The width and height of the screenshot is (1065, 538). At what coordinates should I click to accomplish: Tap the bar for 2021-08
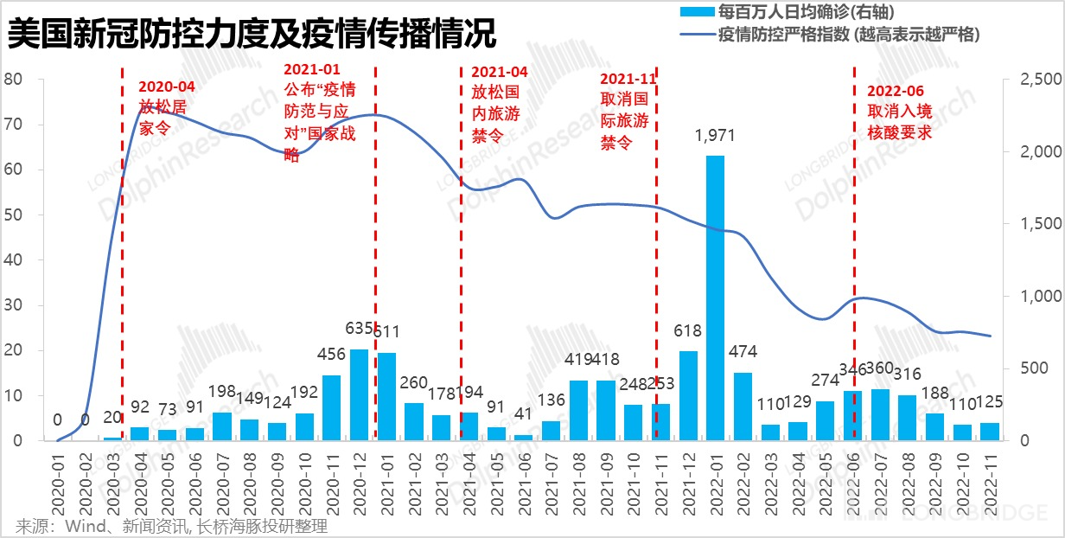coord(578,410)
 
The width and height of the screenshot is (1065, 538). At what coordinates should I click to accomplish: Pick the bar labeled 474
coord(743,406)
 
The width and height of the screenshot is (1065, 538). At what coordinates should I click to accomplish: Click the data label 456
coord(331,354)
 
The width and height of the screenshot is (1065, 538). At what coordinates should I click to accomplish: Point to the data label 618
coord(688,331)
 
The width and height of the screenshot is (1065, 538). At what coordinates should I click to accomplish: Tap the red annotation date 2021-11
coord(628,79)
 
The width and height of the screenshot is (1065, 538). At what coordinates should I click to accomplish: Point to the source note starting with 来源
coord(172,525)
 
